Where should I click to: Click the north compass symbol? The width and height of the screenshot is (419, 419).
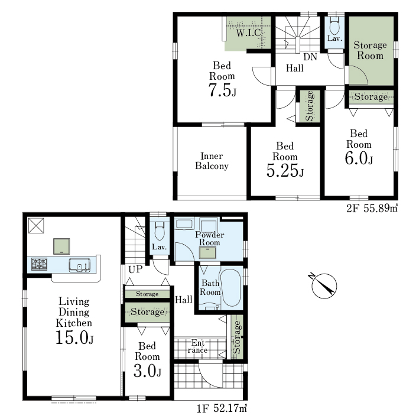point(323,285)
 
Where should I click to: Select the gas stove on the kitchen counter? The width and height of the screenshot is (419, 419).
point(39,264)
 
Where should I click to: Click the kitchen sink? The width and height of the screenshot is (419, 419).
point(80,265)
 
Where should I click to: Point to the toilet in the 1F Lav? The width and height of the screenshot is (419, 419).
point(160,231)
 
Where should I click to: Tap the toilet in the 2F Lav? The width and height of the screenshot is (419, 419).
point(334,25)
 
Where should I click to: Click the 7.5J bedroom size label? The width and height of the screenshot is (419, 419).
point(222,90)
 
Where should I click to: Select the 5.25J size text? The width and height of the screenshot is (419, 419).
point(285,170)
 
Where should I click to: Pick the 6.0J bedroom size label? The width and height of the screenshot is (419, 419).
point(359,158)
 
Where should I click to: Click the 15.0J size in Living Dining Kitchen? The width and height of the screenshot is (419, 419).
point(74,337)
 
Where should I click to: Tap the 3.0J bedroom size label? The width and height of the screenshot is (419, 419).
point(148,371)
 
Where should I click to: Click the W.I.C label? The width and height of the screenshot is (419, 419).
point(249,33)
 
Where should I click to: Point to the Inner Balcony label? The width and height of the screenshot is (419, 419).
point(212,161)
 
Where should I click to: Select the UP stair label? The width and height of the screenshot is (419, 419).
point(135,269)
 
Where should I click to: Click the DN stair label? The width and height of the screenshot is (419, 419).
point(310,57)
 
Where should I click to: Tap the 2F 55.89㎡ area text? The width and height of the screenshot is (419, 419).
point(372,208)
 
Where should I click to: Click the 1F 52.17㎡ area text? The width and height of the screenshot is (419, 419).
point(222,408)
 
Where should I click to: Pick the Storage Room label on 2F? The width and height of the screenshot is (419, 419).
point(370,50)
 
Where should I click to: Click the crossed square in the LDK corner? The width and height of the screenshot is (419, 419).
point(36,226)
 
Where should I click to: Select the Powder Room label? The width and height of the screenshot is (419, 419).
point(209,238)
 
